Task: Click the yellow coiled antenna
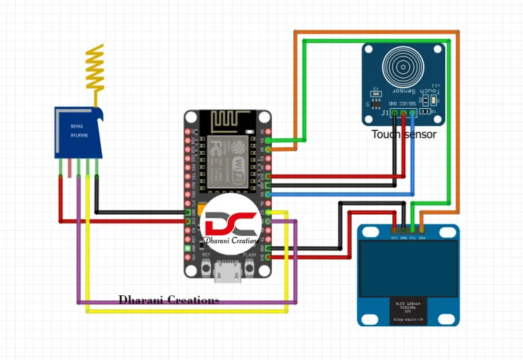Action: point(95,68)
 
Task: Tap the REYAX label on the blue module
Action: point(76,126)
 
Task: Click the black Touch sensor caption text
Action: point(404,134)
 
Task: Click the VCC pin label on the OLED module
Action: point(394,237)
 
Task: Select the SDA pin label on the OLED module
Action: point(422,237)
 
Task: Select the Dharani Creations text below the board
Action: point(169,300)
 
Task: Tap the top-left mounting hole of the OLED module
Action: point(365,232)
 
